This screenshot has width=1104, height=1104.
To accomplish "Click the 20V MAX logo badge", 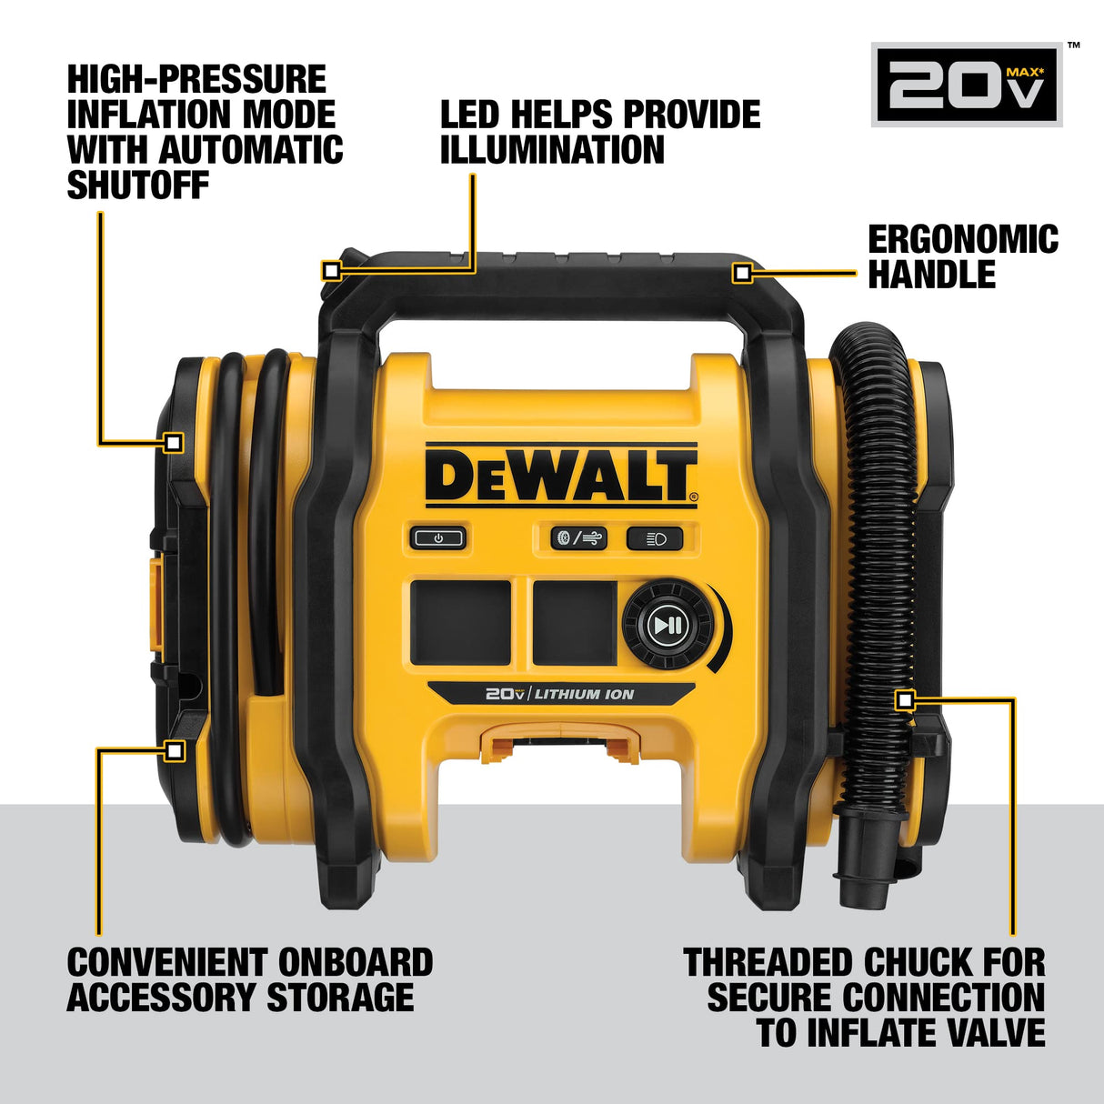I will pyautogui.click(x=968, y=85).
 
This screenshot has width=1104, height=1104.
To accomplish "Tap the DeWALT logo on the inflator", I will pyautogui.click(x=560, y=476).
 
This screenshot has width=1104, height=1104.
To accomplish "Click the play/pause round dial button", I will pyautogui.click(x=668, y=625).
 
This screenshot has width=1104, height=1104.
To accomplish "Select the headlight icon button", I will pyautogui.click(x=654, y=538).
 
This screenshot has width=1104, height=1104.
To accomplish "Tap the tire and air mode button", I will pyautogui.click(x=578, y=538).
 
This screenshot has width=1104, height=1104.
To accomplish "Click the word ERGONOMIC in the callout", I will pyautogui.click(x=963, y=240).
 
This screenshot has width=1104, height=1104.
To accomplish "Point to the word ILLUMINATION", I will pyautogui.click(x=552, y=150).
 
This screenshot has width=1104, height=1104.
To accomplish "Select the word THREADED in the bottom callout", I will pyautogui.click(x=767, y=962).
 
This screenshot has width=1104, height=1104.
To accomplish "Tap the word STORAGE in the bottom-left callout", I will pyautogui.click(x=340, y=998).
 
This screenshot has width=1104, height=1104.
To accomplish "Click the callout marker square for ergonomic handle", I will pyautogui.click(x=742, y=272).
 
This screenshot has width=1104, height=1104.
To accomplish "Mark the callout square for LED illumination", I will pyautogui.click(x=331, y=271).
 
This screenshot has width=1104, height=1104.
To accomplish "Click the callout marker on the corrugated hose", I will pyautogui.click(x=904, y=699).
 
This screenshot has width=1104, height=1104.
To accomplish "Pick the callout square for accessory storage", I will pyautogui.click(x=175, y=750).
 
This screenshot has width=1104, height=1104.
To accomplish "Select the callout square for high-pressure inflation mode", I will pyautogui.click(x=174, y=443).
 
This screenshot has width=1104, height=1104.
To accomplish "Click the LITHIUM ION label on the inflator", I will pyautogui.click(x=584, y=694).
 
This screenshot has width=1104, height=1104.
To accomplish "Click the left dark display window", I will pyautogui.click(x=460, y=623).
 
